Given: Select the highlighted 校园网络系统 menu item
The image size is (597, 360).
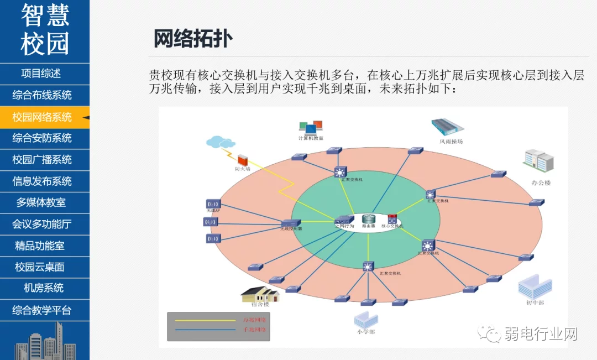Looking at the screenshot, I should point(42,117).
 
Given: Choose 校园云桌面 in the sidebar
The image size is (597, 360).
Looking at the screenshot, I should point(40,267).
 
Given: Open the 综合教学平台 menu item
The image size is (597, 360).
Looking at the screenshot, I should point(42,310).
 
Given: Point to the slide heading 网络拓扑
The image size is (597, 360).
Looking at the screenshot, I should point(193,39).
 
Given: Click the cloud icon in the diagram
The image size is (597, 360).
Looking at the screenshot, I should point(219,142).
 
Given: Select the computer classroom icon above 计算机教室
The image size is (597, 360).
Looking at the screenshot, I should point(310,127).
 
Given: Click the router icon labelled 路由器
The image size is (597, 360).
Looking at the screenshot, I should point(369,218).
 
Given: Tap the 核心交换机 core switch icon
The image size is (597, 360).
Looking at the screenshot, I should point(392,218).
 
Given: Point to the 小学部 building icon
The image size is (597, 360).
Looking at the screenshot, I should point(365,319).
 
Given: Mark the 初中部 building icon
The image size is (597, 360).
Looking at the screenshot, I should point(535,286).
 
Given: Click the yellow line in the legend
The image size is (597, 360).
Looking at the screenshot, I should point(205,320).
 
